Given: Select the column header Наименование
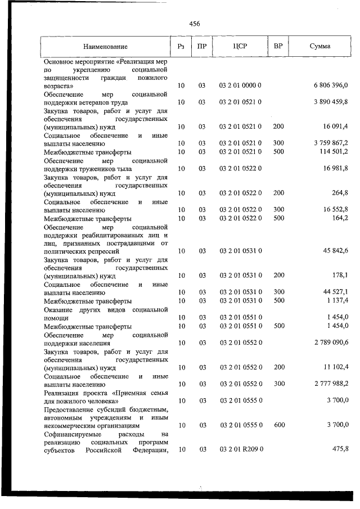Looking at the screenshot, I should point(105,46).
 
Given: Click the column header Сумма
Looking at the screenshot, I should point(319,46).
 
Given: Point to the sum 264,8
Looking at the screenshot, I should point(339,193).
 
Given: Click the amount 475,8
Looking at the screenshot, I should point(339,450).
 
